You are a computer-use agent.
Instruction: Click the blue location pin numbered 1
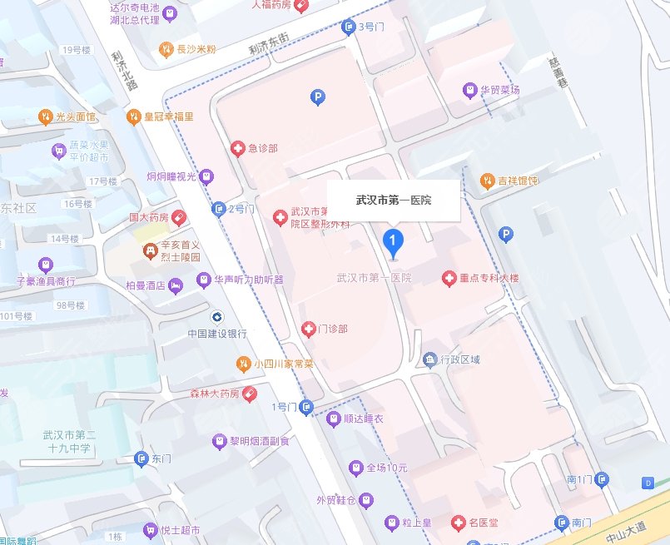(393, 241)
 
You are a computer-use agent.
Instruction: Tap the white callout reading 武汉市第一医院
(393, 201)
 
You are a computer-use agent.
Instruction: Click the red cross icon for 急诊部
(238, 149)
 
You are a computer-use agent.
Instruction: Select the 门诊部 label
(332, 329)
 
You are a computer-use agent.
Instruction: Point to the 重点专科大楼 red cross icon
(449, 277)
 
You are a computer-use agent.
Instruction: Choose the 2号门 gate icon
(219, 208)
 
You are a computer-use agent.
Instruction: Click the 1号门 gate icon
(307, 407)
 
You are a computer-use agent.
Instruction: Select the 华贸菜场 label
(499, 89)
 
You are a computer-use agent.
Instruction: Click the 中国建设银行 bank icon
(216, 316)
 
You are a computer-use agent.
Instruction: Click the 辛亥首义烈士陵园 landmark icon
(149, 249)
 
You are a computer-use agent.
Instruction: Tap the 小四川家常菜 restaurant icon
(242, 363)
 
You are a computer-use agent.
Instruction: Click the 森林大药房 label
(211, 393)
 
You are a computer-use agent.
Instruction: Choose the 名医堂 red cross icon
(457, 523)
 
